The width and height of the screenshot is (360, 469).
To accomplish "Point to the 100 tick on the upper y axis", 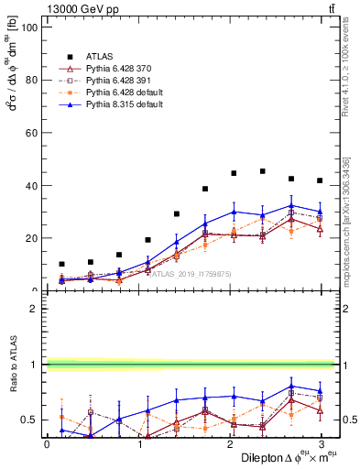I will [x=27, y=27].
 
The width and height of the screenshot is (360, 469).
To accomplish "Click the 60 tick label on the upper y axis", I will [x=30, y=132].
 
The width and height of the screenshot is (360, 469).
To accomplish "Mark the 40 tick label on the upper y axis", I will [x=30, y=185].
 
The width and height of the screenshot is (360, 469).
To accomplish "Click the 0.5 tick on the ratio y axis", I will [x=28, y=420].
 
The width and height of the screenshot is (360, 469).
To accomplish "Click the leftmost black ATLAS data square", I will [x=61, y=264].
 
